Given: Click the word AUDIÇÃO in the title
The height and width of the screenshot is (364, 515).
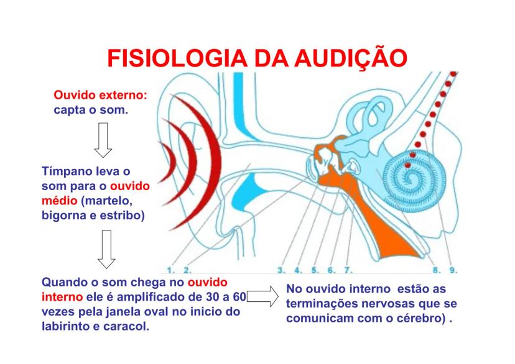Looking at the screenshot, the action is (x=351, y=58).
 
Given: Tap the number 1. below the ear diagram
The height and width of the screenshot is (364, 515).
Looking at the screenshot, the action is (x=171, y=270).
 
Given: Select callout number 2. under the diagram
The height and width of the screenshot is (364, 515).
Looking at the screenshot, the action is (x=188, y=270).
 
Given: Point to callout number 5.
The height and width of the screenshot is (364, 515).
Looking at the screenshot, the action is (x=315, y=270).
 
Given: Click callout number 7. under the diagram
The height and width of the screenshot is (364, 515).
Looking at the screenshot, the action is (x=348, y=270).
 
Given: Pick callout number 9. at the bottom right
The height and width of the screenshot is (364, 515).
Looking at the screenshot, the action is (x=453, y=270).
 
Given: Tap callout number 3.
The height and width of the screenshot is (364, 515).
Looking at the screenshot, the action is (x=282, y=270).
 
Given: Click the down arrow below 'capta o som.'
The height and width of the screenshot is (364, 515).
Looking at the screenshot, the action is (x=103, y=140).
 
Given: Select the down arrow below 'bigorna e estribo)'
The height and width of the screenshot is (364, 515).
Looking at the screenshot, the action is (x=106, y=249).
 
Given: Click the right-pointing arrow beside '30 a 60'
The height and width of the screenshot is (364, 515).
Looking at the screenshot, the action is (x=262, y=296).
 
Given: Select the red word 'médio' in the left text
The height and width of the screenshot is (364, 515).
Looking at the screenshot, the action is (x=60, y=201).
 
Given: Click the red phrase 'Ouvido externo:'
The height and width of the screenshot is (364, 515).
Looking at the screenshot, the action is (x=101, y=95).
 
